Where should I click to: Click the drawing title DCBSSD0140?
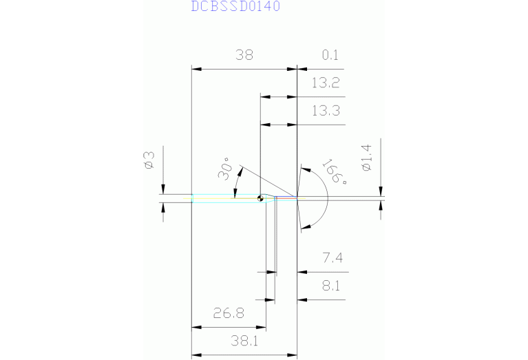click(x=235, y=7)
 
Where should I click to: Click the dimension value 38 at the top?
click(x=244, y=56)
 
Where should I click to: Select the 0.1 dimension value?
click(x=330, y=56)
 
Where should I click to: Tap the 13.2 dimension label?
click(x=326, y=83)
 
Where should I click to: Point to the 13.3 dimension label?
click(x=326, y=111)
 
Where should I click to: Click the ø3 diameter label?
click(x=148, y=160)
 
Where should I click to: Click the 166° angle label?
click(x=334, y=173)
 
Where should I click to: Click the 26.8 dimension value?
click(x=229, y=314)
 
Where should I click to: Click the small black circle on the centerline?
click(x=260, y=200)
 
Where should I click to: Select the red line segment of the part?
click(x=288, y=199)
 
